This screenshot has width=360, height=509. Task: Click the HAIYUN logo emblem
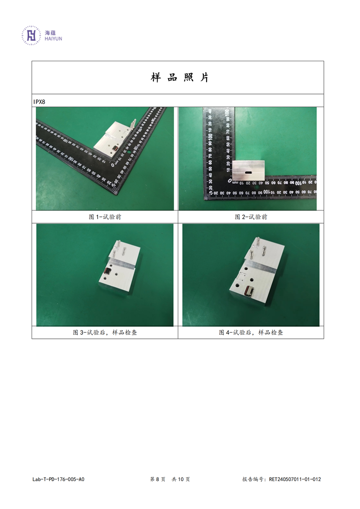[31, 35]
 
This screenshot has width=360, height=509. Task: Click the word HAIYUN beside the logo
[53, 39]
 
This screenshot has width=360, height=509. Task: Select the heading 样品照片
[180, 77]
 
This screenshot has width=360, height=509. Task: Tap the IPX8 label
[39, 102]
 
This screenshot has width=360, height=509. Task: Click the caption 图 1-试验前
[105, 217]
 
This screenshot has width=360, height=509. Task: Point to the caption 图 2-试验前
[251, 217]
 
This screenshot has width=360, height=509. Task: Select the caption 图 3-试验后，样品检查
[105, 333]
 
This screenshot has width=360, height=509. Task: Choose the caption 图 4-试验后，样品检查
[251, 333]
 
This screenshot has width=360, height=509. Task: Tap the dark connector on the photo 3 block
[107, 272]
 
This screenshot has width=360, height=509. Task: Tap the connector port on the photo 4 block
[249, 291]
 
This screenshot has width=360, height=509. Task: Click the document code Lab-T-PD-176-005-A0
[58, 479]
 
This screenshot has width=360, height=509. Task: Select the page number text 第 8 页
[158, 479]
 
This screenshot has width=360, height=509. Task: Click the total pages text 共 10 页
[181, 479]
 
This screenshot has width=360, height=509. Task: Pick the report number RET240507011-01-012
[295, 479]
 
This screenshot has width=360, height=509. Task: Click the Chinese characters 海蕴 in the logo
[50, 32]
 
